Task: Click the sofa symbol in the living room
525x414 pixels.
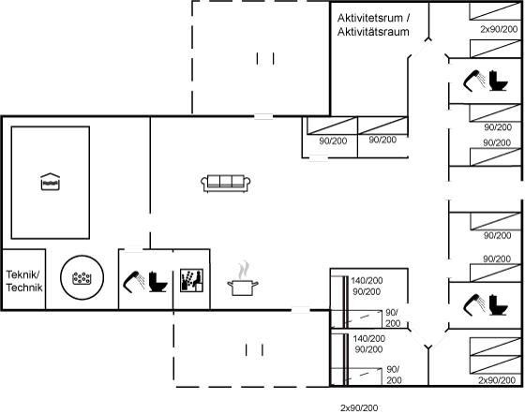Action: click(x=226, y=184)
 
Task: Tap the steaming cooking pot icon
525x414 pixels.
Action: click(x=243, y=279)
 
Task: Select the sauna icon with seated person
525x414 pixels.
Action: click(x=191, y=280)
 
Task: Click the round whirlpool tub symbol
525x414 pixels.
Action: click(x=82, y=277)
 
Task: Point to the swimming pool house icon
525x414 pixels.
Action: click(x=51, y=182)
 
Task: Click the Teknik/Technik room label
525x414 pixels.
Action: click(x=24, y=281)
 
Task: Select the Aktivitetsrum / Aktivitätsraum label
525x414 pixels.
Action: click(x=373, y=24)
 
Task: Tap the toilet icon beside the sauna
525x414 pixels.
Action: click(x=157, y=282)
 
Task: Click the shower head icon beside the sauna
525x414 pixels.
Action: click(x=134, y=282)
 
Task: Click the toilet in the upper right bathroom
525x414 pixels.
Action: click(x=499, y=81)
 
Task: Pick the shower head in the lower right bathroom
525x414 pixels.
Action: click(x=474, y=304)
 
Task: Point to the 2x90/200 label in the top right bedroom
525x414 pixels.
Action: click(x=499, y=29)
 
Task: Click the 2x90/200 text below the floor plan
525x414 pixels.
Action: click(x=359, y=408)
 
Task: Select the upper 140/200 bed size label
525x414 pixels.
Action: click(x=367, y=281)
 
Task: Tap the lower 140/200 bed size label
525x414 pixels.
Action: click(x=368, y=338)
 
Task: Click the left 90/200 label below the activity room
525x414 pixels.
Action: click(x=333, y=140)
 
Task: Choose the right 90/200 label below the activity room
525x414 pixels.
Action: click(x=382, y=140)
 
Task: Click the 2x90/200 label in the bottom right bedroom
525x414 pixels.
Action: click(x=497, y=380)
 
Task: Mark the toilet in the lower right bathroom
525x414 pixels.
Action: click(x=499, y=304)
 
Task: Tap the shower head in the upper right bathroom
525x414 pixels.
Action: click(x=474, y=81)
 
